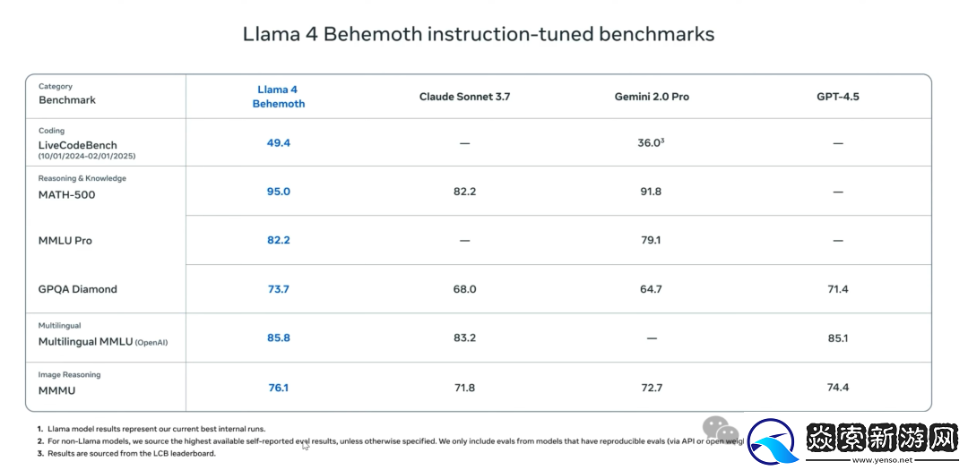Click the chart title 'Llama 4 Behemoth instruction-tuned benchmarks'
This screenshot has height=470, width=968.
pyautogui.click(x=479, y=34)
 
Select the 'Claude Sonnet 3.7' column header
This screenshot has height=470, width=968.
pyautogui.click(x=464, y=97)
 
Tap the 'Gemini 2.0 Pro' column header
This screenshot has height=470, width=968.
pyautogui.click(x=652, y=97)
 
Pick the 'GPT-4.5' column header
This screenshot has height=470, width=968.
pyautogui.click(x=837, y=97)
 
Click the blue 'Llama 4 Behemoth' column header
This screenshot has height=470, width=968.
pyautogui.click(x=279, y=97)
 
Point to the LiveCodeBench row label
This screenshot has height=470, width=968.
pyautogui.click(x=77, y=145)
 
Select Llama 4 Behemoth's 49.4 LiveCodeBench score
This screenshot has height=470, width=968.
pyautogui.click(x=279, y=142)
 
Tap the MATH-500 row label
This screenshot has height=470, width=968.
pyautogui.click(x=66, y=195)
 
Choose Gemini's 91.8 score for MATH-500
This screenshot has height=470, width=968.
pyautogui.click(x=651, y=192)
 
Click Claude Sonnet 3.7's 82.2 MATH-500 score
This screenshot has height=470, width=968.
pyautogui.click(x=464, y=192)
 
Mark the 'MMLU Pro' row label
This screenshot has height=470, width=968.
pyautogui.click(x=65, y=241)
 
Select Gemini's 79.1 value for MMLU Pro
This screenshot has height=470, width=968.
pyautogui.click(x=651, y=240)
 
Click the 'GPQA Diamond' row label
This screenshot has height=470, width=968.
pyautogui.click(x=77, y=289)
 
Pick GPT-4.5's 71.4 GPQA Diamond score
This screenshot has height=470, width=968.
pyautogui.click(x=837, y=289)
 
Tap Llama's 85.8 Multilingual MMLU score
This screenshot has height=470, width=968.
pyautogui.click(x=279, y=338)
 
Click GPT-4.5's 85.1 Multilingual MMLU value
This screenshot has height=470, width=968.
pyautogui.click(x=837, y=338)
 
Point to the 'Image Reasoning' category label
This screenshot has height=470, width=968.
pyautogui.click(x=69, y=375)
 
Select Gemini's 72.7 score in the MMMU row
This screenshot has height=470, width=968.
pyautogui.click(x=651, y=388)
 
